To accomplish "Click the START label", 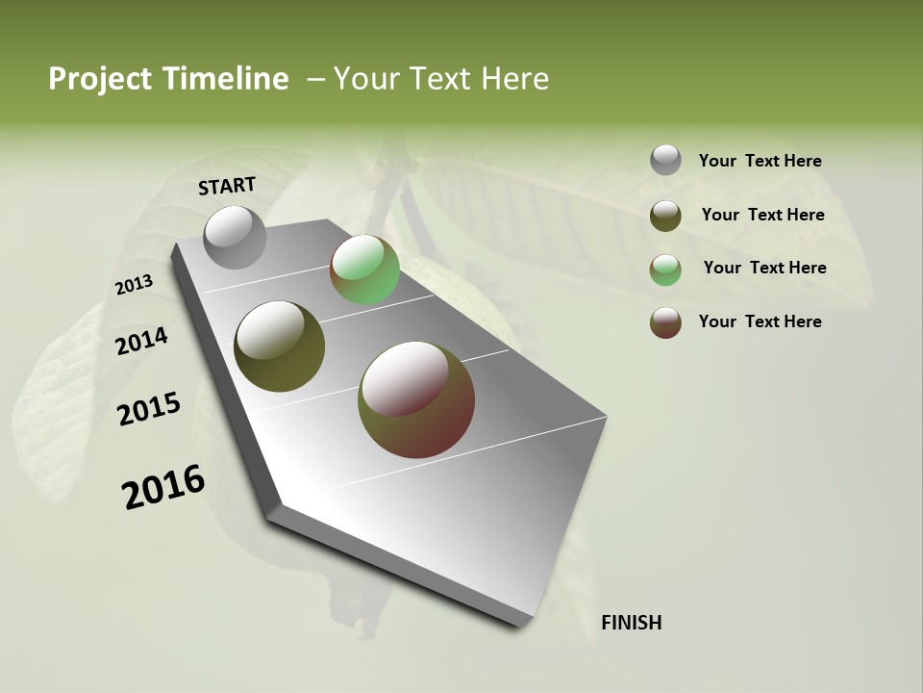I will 227,186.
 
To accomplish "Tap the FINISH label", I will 631,623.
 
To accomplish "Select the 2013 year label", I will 134,285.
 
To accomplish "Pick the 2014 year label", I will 141,342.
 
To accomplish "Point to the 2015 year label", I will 148,409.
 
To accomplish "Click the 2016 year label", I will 162,487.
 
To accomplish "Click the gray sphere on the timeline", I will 235,237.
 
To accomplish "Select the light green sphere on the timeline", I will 364,269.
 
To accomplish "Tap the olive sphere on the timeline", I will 279,346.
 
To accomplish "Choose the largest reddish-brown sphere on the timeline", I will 415,398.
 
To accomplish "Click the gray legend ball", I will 665,160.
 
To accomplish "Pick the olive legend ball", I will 665,216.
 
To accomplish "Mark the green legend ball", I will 665,269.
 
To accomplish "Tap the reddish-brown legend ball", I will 665,322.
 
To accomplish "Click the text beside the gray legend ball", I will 760,162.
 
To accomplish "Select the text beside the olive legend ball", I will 762,215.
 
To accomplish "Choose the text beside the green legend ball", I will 764,268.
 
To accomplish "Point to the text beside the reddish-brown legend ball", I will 760,321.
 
